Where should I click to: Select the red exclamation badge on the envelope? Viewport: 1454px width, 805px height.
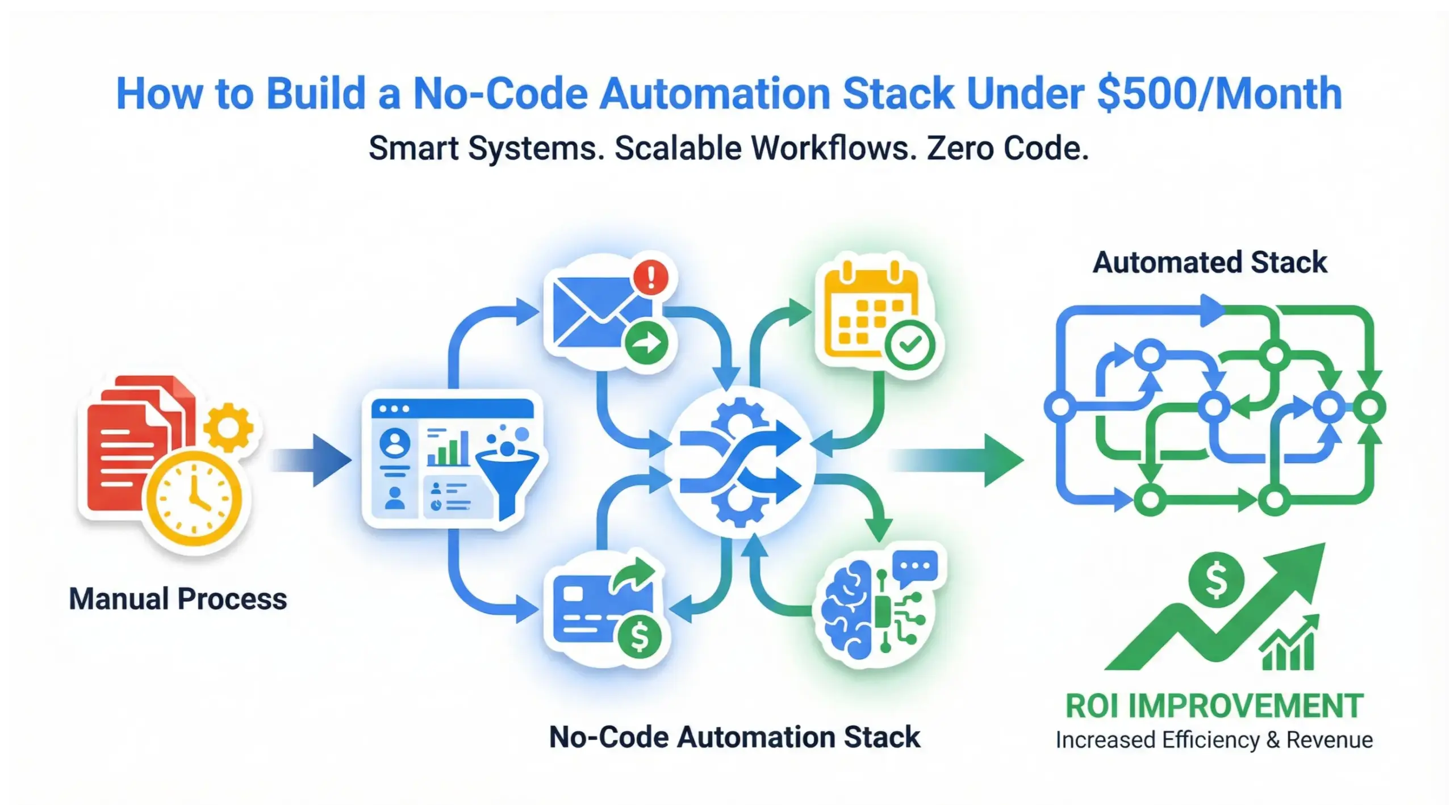(651, 278)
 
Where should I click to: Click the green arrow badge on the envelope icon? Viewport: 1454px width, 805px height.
(647, 343)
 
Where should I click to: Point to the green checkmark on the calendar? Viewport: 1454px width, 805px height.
(910, 345)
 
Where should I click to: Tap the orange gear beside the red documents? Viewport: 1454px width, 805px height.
(228, 426)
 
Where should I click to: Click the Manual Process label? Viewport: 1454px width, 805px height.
(178, 599)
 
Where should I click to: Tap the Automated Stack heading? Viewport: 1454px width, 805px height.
(1210, 262)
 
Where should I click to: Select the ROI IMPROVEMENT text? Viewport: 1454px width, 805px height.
(1214, 706)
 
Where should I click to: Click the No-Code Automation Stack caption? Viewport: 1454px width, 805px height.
(734, 737)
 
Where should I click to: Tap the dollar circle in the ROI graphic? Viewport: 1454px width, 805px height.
(1216, 580)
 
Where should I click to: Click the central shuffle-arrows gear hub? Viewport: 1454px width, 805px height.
(740, 460)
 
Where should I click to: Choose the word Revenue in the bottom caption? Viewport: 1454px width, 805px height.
(1329, 740)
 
